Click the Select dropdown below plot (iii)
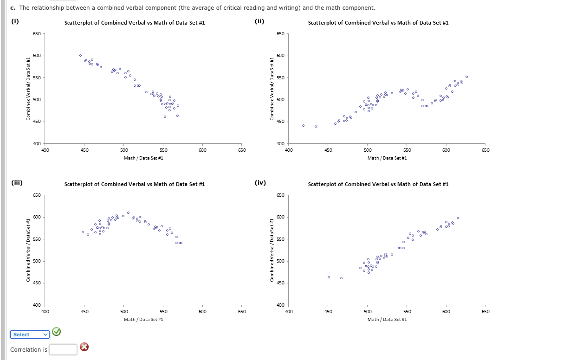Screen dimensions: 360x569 coord(30,334)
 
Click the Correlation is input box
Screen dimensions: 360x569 coord(63,349)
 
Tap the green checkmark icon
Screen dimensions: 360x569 coord(56,331)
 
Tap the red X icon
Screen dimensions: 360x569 coord(84,347)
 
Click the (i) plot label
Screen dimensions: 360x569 coord(15,21)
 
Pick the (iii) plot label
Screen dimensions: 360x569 coord(17,182)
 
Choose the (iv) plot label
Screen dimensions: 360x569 coord(260,182)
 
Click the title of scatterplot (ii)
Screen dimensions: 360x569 coord(378,23)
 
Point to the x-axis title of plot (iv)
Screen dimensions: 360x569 coord(387,319)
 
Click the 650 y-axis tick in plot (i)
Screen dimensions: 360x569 coord(36,34)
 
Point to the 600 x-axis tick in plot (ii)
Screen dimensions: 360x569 coord(446,150)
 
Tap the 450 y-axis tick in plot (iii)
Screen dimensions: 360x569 coord(36,283)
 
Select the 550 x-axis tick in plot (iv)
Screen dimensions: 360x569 coord(406,312)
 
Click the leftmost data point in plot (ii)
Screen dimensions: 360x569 coord(303,125)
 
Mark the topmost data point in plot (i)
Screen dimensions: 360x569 coord(80,55)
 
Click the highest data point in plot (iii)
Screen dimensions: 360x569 coord(128,212)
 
